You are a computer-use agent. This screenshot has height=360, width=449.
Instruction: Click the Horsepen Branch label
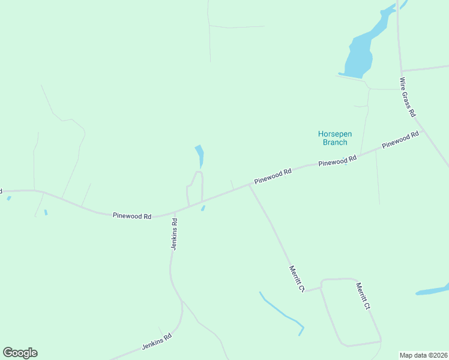tap(333, 137)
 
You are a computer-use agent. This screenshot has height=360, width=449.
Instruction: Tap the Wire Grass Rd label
tap(408, 97)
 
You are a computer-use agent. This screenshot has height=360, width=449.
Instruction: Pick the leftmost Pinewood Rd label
tap(131, 215)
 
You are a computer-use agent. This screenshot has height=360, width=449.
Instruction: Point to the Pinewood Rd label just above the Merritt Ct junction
tap(273, 176)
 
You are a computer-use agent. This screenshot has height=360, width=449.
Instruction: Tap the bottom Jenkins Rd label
tap(157, 343)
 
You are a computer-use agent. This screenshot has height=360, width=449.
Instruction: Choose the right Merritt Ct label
tap(363, 296)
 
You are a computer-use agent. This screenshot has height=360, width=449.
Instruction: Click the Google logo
tap(20, 353)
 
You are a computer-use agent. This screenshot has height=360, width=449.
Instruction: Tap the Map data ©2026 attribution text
tap(424, 355)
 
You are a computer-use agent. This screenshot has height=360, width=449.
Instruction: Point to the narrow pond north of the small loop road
tap(200, 155)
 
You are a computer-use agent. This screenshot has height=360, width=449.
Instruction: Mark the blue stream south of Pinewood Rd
tap(281, 311)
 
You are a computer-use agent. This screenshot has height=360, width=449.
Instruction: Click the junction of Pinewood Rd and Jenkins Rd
tap(175, 212)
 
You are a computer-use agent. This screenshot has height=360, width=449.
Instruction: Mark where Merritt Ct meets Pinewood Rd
tap(249, 185)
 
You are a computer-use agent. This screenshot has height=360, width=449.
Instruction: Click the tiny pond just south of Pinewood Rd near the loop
tap(203, 208)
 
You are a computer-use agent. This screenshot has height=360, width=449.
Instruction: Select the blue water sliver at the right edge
tap(432, 291)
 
